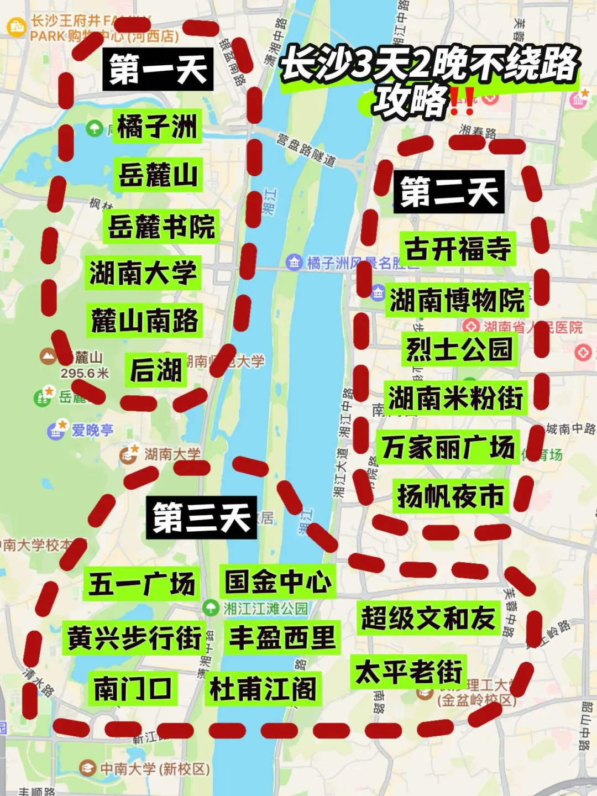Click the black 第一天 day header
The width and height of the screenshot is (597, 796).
click(x=158, y=70)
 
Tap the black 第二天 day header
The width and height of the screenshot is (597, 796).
click(x=448, y=192)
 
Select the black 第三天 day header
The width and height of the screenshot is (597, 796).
click(x=201, y=518)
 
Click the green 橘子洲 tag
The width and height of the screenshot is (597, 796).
click(x=157, y=127)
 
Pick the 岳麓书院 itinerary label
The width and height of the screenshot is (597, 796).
click(x=161, y=226)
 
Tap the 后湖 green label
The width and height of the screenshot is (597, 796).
click(x=155, y=370)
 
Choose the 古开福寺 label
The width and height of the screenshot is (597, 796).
click(x=458, y=249)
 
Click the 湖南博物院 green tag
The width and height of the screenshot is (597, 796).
click(x=457, y=300)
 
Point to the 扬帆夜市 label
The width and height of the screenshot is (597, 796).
click(x=451, y=496)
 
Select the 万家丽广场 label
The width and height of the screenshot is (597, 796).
click(x=448, y=447)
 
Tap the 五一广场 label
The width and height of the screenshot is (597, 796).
click(x=142, y=584)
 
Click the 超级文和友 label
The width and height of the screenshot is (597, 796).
click(x=428, y=618)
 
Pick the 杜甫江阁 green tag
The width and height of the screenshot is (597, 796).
click(x=263, y=689)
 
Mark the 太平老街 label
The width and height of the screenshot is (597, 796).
click(x=409, y=672)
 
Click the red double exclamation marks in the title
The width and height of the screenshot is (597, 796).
click(x=462, y=102)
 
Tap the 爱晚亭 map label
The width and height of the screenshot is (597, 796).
click(x=92, y=430)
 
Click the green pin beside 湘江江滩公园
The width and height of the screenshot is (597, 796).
click(x=211, y=609)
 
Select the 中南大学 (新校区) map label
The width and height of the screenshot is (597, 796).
click(x=155, y=768)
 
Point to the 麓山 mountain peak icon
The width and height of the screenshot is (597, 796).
click(x=49, y=356)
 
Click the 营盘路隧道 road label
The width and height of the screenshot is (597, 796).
click(x=306, y=149)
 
